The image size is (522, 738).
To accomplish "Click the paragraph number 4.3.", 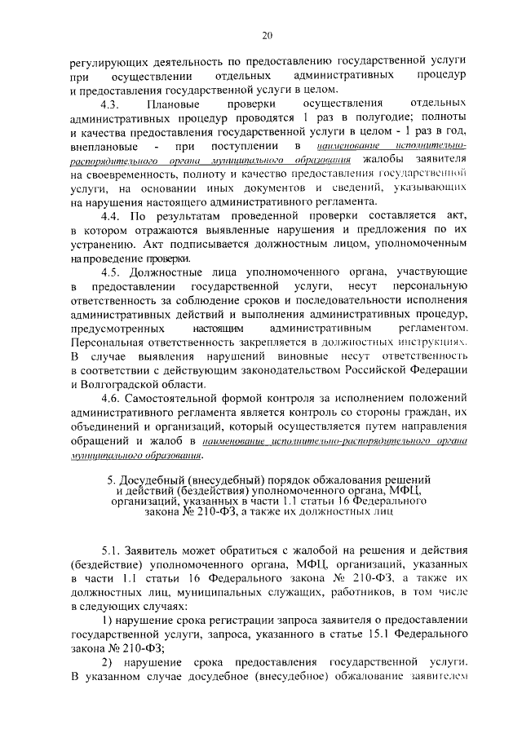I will (x=111, y=106).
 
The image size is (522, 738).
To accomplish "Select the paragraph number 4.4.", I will (x=111, y=216).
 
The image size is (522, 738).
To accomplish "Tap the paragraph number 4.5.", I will (x=111, y=270).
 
